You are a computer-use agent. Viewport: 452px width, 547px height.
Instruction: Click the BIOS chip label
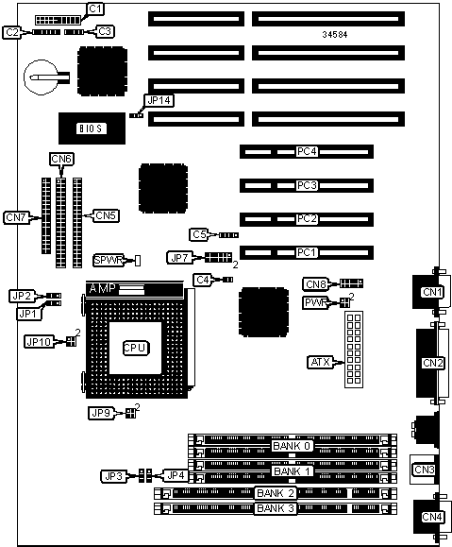point(92,128)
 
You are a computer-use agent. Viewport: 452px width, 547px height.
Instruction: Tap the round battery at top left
point(41,77)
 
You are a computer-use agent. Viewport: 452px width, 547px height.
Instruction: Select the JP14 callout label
point(159,100)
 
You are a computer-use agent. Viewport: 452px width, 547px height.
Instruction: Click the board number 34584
point(335,34)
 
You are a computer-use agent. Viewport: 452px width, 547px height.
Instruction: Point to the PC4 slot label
point(307,151)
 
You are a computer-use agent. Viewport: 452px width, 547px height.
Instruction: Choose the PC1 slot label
point(306,252)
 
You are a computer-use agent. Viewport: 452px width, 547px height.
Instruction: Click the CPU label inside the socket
point(136,348)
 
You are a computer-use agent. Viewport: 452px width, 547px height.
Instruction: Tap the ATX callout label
point(320,362)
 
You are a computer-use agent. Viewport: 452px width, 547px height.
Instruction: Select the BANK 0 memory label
point(292,446)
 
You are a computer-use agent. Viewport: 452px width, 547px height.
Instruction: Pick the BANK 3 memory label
point(276,508)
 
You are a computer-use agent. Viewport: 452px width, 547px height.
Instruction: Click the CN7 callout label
point(16,217)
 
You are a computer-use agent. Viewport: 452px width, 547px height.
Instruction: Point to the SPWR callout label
point(109,260)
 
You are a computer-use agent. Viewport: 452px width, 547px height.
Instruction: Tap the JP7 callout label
point(179,258)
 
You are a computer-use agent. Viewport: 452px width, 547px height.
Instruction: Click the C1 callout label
point(95,9)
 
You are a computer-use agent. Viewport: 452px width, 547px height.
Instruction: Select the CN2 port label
point(432,363)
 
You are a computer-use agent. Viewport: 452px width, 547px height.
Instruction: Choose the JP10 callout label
point(39,342)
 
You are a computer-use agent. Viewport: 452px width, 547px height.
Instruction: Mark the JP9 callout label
point(101,414)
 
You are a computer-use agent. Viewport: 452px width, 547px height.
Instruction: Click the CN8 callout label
point(316,284)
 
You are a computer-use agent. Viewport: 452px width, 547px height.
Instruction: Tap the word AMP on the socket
point(103,289)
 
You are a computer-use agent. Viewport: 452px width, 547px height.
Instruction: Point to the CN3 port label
point(424,470)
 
